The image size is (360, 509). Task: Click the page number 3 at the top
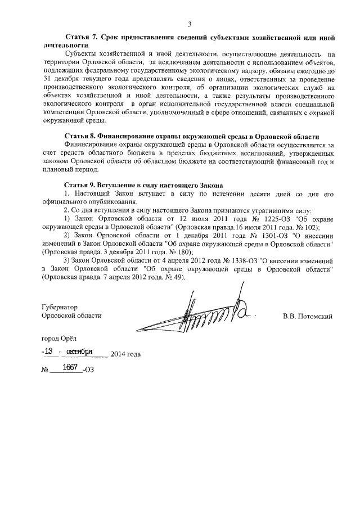click(190, 23)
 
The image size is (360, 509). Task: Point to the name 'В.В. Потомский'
click(307, 316)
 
